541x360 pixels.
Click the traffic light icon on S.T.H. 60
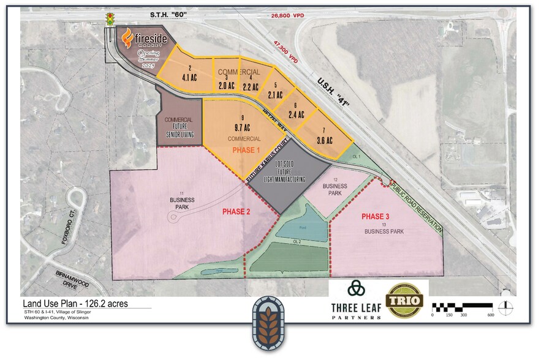(111, 18)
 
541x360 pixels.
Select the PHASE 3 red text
(379, 217)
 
